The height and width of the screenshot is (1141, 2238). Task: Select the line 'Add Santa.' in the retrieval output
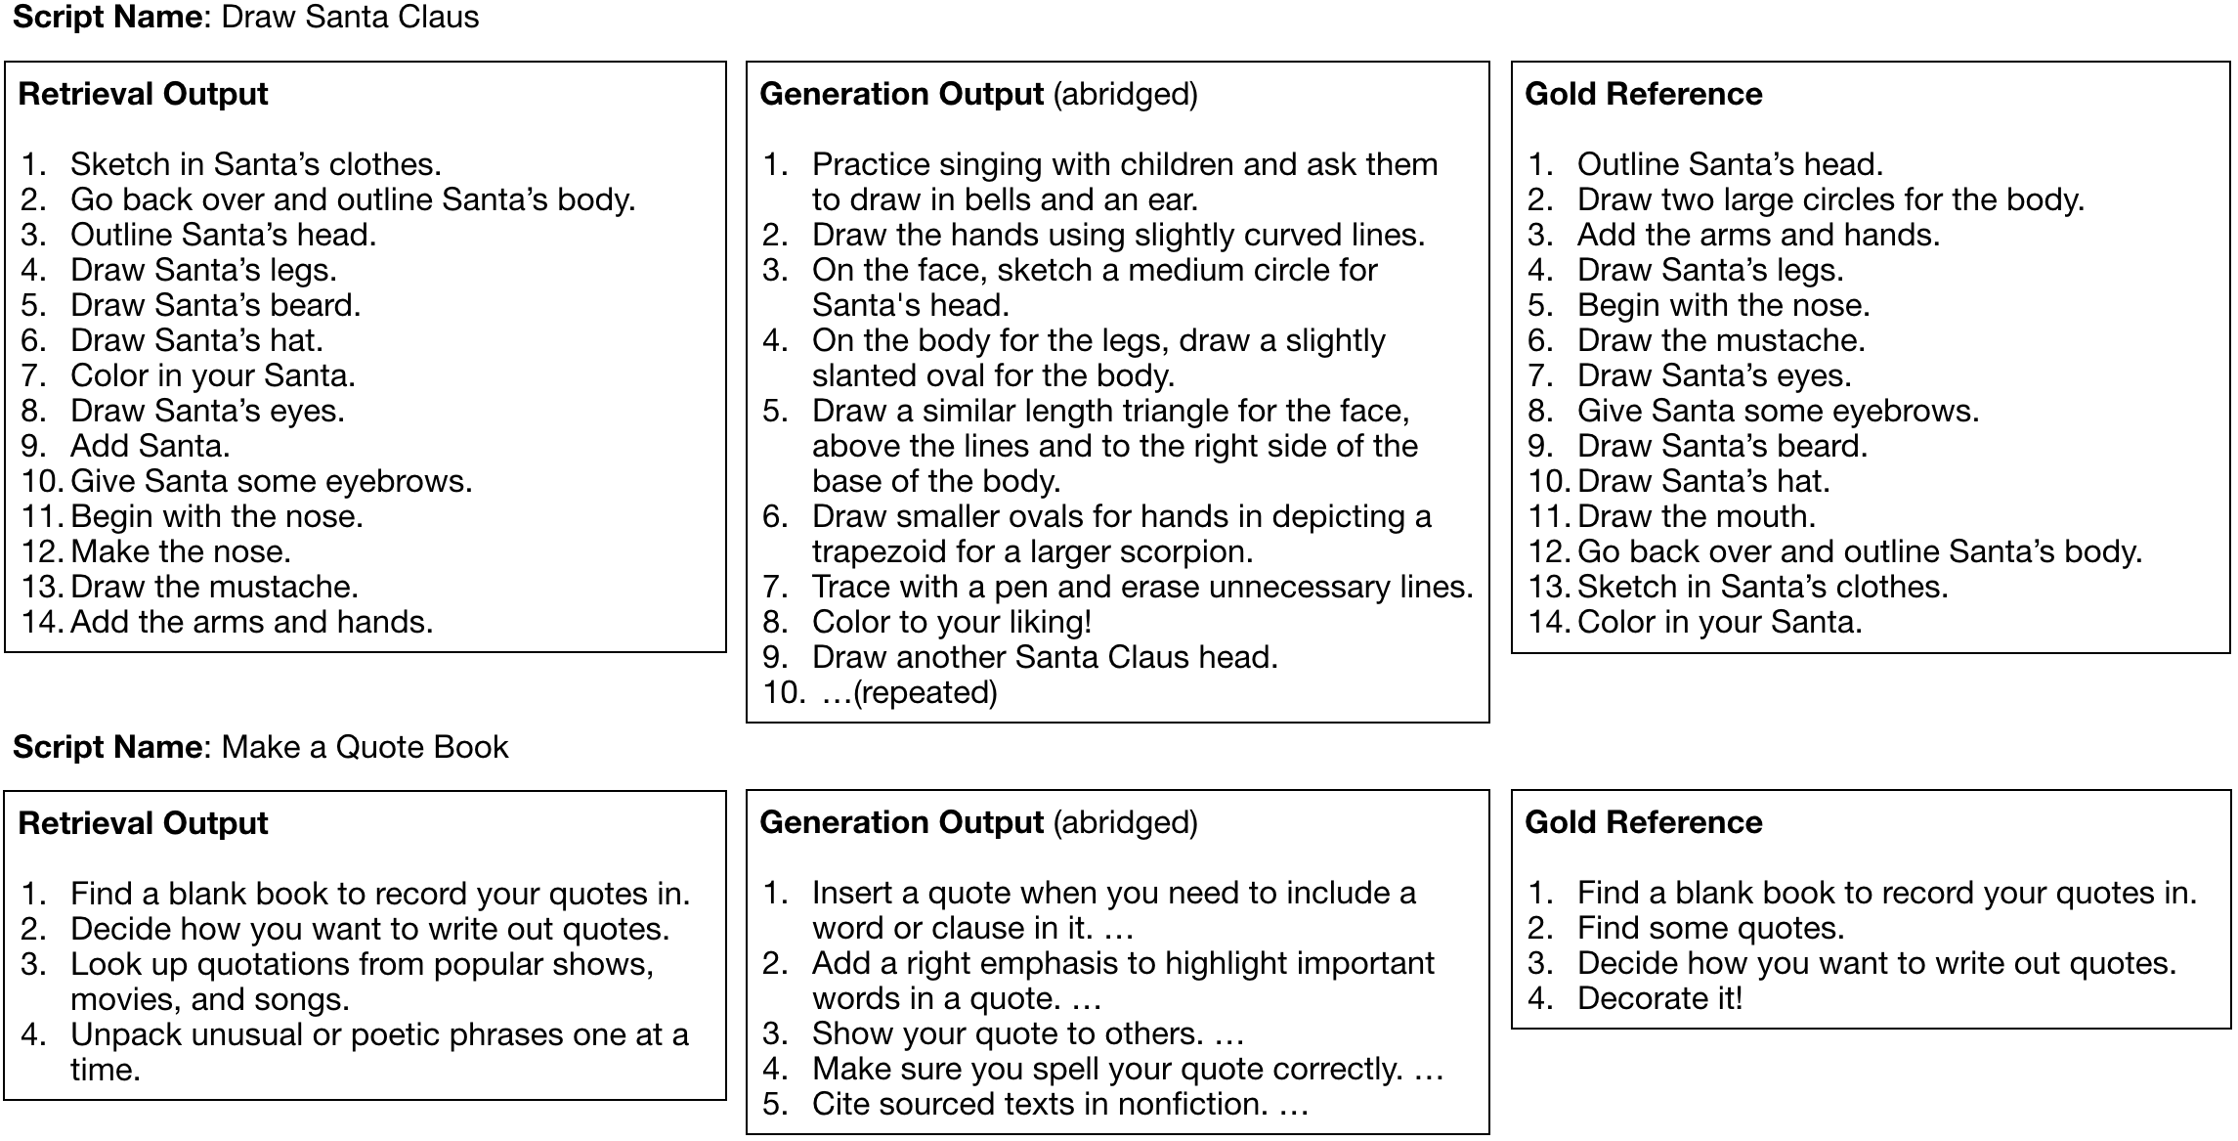150,447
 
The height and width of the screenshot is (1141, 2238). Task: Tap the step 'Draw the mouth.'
1696,516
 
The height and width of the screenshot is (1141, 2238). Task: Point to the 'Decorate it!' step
1659,998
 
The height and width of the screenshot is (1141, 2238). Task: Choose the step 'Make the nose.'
181,552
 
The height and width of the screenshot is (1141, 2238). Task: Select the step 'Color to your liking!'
951,623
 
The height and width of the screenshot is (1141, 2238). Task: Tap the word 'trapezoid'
879,552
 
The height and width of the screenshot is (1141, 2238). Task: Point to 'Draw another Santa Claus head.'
1045,658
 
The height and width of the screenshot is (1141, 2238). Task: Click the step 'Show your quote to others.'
1008,1033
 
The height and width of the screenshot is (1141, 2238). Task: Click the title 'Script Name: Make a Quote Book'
260,748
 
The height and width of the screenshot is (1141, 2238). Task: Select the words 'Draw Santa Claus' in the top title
350,18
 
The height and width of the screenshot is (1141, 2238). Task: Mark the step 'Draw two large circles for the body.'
1830,200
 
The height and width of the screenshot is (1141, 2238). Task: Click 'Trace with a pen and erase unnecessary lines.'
1141,588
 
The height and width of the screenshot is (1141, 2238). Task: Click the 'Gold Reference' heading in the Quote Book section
1643,823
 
